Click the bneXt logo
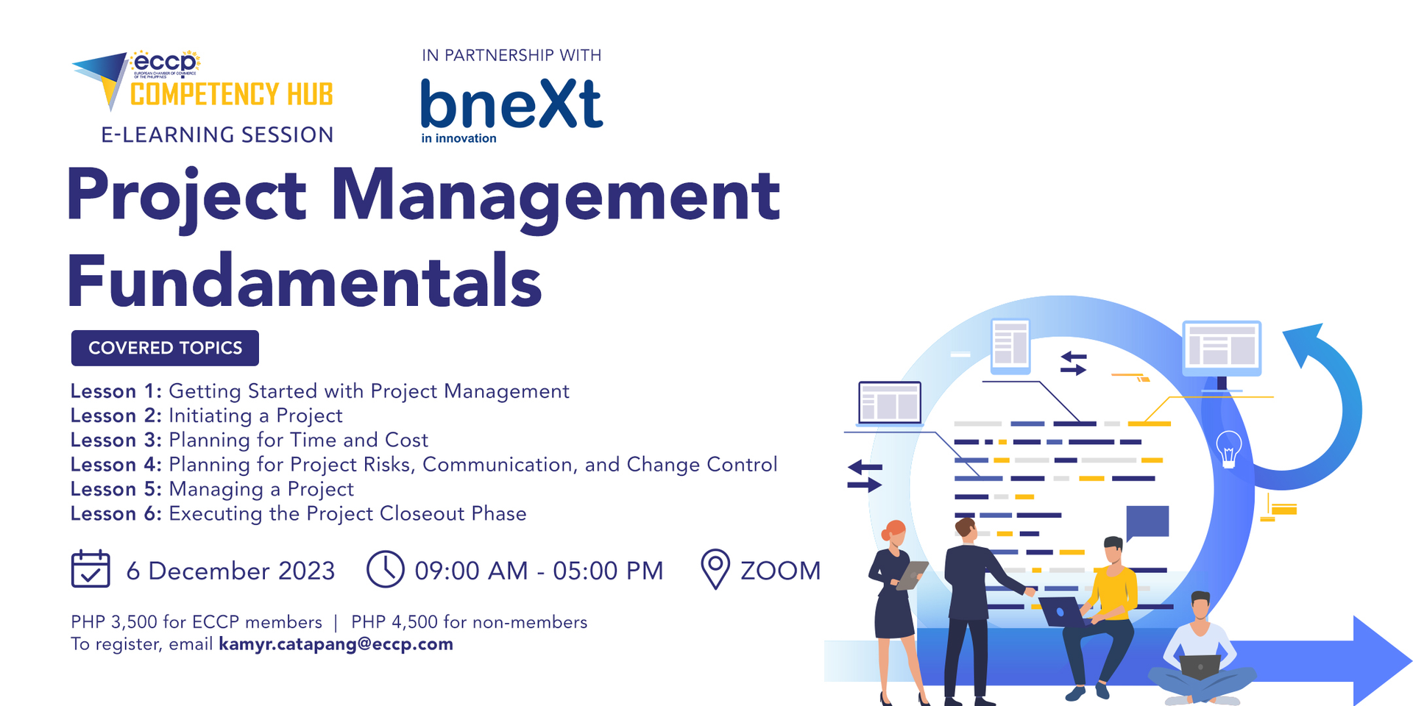pos(511,107)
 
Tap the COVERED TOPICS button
pos(165,348)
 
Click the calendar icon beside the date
pos(91,569)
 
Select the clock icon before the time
pos(385,569)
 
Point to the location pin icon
pos(715,568)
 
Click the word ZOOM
pos(780,571)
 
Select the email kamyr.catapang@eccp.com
pos(336,644)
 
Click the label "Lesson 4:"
pos(116,465)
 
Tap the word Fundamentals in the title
pos(305,282)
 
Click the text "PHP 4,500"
pos(394,622)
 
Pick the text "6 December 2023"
pos(230,571)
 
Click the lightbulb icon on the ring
pos(1228,449)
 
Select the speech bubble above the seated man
pos(1147,521)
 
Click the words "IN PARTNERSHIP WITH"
pos(511,55)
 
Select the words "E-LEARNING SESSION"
pos(217,135)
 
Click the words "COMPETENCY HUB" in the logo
pos(231,95)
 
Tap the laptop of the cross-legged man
pos(1200,666)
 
